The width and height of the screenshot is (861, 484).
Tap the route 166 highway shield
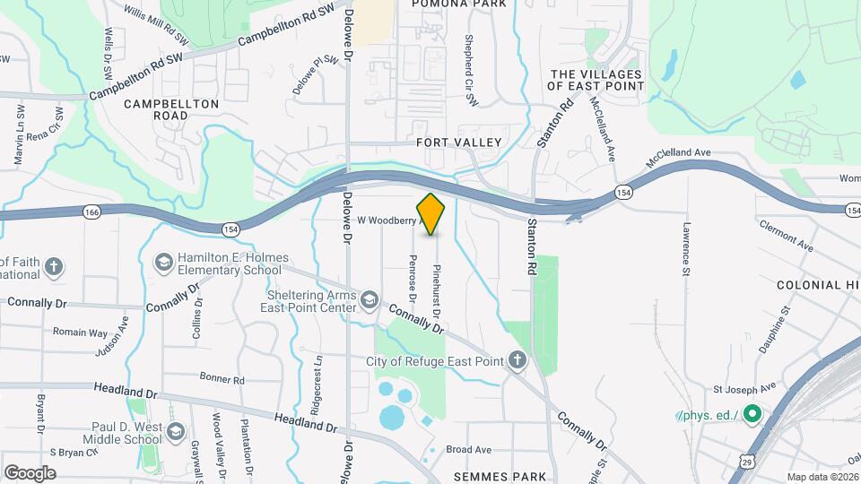point(91,212)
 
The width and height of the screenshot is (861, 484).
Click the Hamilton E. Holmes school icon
point(164,262)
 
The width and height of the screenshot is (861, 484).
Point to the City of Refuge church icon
point(517,361)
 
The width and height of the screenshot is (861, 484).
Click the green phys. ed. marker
point(752,415)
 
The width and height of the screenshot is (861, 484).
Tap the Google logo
point(30,472)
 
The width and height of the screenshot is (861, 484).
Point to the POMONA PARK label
point(459,4)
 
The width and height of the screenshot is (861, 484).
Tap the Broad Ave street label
point(469,449)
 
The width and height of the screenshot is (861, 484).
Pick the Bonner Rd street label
point(222,379)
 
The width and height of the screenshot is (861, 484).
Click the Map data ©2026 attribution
point(822,477)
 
